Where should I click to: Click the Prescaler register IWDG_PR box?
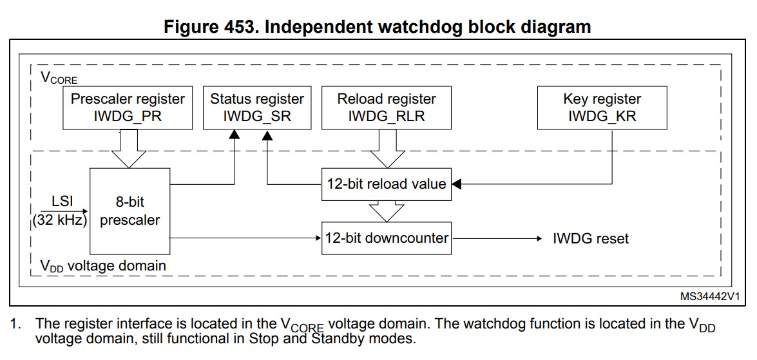click(x=128, y=108)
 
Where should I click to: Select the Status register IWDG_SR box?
click(x=256, y=108)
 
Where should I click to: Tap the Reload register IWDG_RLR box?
click(x=387, y=108)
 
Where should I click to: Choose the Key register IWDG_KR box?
click(x=602, y=108)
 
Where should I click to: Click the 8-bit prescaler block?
click(x=129, y=211)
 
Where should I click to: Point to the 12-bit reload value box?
click(x=385, y=184)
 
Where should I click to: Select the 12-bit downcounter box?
click(x=386, y=238)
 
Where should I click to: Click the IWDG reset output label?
click(x=591, y=239)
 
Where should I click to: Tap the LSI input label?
click(x=62, y=201)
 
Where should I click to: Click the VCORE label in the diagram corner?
click(x=59, y=79)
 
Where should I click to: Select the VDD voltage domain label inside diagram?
click(x=103, y=266)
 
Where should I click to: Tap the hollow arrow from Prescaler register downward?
click(x=129, y=148)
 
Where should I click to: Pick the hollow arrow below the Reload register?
click(x=386, y=149)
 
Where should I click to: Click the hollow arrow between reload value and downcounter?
click(x=386, y=210)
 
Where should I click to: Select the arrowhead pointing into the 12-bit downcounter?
click(x=317, y=238)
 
